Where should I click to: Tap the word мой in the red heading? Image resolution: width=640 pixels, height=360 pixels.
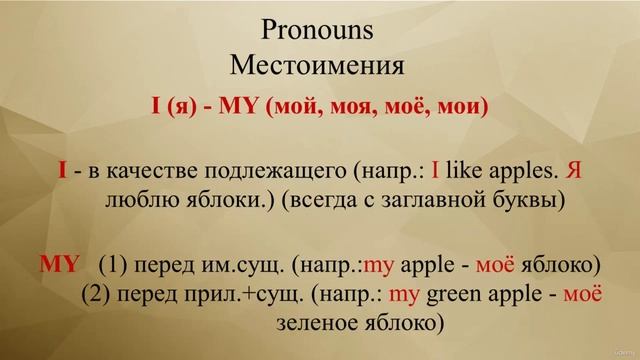[x=301, y=104]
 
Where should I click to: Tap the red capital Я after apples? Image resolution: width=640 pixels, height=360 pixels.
[x=572, y=172]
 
